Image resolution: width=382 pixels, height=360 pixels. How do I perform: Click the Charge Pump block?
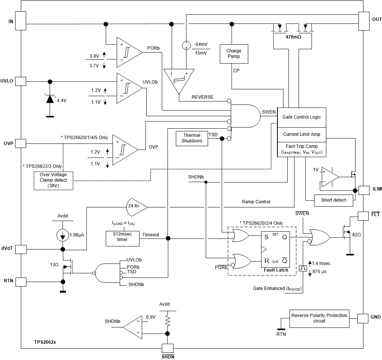[233, 53]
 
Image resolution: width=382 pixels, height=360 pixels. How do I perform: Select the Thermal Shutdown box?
[192, 138]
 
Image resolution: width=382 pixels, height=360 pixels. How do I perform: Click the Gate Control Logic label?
[302, 117]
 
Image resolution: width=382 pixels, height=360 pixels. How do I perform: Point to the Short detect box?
[333, 200]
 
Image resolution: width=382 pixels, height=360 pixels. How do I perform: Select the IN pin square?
[20, 20]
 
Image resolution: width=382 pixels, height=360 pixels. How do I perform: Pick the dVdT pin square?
[20, 249]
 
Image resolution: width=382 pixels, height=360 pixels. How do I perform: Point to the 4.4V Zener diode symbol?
[49, 99]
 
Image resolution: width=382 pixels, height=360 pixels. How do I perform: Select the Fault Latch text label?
[276, 270]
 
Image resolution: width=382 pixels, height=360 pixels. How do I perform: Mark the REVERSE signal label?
[202, 97]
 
